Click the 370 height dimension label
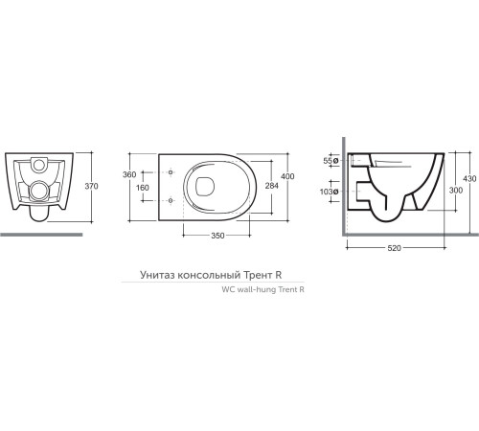click(x=91, y=186)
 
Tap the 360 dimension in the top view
click(x=129, y=174)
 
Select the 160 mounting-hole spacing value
click(x=142, y=188)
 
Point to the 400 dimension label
click(x=287, y=176)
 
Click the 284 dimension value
click(x=272, y=186)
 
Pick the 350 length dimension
click(x=217, y=236)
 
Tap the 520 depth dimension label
click(x=394, y=248)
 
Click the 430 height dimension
click(x=469, y=179)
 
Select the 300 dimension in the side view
click(x=456, y=191)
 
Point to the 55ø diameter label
click(x=331, y=161)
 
